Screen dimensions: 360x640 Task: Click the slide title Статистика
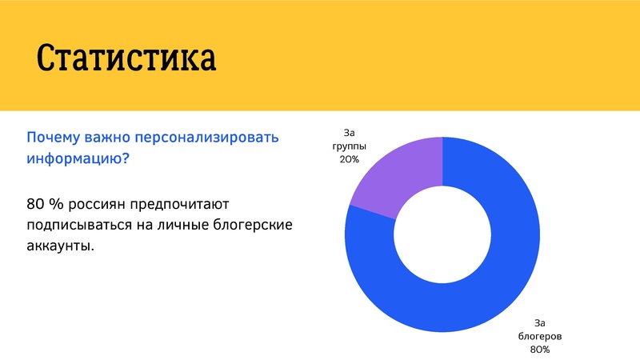[x=126, y=58]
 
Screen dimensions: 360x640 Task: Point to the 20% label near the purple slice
[x=349, y=160]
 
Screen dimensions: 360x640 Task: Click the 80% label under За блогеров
[x=539, y=350]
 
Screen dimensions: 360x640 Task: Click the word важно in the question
[x=111, y=138]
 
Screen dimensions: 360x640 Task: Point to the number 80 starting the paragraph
[x=37, y=205]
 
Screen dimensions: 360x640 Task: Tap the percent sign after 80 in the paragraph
[x=58, y=205]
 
